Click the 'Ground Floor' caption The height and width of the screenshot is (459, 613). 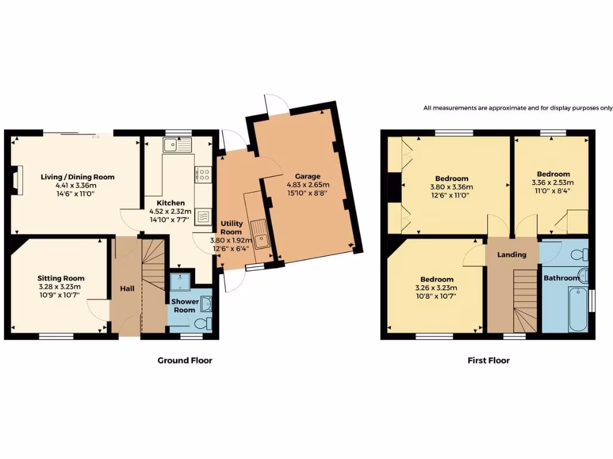click(x=184, y=360)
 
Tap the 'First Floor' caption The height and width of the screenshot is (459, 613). click(x=488, y=360)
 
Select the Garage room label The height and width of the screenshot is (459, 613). click(x=307, y=176)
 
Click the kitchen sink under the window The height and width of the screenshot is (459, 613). click(x=177, y=143)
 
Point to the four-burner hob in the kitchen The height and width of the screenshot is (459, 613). click(x=204, y=175)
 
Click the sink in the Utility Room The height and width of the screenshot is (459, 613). click(x=260, y=233)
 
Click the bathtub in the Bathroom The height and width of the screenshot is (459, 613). click(x=578, y=308)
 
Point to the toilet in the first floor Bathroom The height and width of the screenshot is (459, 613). click(x=579, y=256)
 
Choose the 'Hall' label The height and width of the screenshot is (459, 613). click(x=127, y=289)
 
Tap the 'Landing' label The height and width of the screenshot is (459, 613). click(x=512, y=255)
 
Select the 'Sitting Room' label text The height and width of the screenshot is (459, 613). click(x=60, y=278)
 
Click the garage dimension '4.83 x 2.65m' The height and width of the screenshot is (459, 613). click(x=307, y=185)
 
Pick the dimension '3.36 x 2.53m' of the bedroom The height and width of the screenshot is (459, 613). click(x=552, y=183)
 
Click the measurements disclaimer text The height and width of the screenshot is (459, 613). click(x=518, y=108)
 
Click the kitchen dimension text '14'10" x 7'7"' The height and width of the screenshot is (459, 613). click(x=170, y=219)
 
